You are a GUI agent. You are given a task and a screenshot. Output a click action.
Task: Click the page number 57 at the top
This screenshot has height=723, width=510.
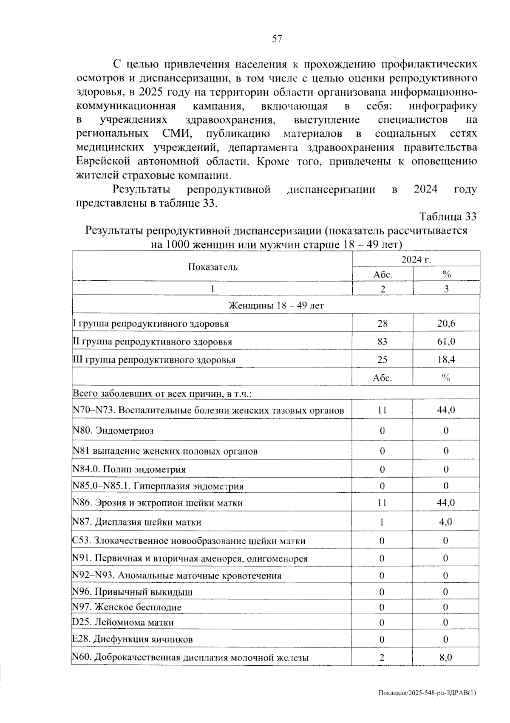[277, 39]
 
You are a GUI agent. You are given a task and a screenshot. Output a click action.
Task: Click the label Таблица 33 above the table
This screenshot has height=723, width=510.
[448, 217]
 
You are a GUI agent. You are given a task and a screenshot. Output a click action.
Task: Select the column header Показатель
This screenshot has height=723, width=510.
[212, 267]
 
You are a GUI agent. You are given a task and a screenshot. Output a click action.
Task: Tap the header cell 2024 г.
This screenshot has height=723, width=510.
[416, 260]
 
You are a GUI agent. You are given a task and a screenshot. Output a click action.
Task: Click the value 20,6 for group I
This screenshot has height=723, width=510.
[446, 324]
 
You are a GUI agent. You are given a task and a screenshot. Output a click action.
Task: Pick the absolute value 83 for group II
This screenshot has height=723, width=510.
[382, 342]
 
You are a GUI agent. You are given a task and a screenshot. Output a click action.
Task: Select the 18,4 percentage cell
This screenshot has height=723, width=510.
[446, 359]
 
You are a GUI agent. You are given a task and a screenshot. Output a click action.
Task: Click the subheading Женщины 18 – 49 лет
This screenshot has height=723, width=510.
[276, 305]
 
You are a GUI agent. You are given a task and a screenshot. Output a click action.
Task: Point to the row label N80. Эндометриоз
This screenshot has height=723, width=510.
[113, 430]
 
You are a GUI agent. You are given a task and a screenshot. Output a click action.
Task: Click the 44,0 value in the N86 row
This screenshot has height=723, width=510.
[446, 503]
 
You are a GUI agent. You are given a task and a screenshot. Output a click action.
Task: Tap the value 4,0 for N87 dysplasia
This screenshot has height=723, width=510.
[446, 522]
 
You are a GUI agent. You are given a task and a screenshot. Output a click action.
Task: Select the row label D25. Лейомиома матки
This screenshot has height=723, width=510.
[123, 622]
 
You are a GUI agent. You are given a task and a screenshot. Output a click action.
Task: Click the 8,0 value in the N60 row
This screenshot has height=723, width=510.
[446, 658]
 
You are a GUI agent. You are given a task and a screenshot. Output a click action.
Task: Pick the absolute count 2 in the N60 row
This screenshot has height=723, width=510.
[382, 658]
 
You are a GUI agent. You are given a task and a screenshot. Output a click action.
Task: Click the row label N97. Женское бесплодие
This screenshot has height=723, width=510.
[127, 607]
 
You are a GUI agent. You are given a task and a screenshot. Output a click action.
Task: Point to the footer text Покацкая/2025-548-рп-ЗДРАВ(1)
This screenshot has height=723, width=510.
[427, 693]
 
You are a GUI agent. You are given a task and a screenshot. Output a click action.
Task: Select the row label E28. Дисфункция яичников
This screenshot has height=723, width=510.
[132, 639]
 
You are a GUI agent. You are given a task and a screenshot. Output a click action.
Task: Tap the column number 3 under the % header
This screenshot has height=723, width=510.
[446, 289]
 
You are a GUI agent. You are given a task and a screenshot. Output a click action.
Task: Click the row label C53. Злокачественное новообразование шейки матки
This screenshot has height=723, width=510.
[189, 541]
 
